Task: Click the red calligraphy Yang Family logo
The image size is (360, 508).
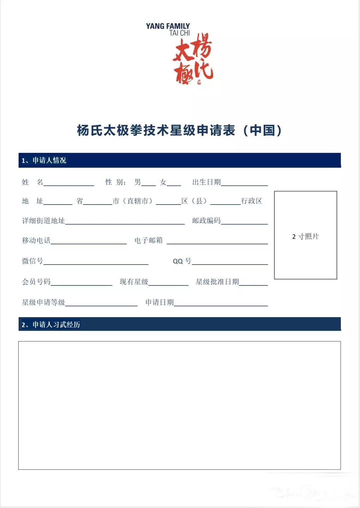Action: coord(193,60)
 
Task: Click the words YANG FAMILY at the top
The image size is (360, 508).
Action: coord(168,26)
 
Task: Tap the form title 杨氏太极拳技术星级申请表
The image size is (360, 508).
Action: coord(157,130)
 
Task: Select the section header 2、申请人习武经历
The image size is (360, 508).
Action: coord(51,325)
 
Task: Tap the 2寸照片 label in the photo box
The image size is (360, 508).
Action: coord(305,237)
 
